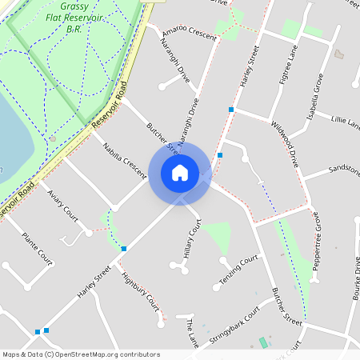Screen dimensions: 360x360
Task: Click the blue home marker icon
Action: pyautogui.click(x=179, y=173)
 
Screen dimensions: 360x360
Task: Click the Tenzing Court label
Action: pyautogui.click(x=239, y=271)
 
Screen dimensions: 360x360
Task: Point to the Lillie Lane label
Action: pyautogui.click(x=345, y=122)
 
